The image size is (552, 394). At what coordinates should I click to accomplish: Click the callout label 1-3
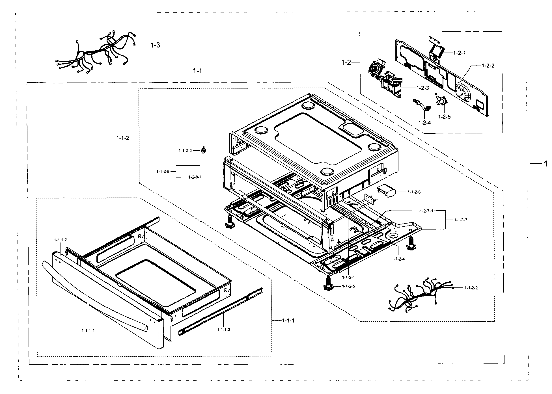(x=155, y=45)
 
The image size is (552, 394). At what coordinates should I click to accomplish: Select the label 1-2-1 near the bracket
(x=459, y=53)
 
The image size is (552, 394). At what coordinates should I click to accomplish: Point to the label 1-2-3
(x=422, y=88)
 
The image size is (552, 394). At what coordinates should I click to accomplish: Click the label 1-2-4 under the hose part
(x=425, y=122)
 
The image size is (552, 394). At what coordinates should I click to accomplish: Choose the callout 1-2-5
(x=444, y=116)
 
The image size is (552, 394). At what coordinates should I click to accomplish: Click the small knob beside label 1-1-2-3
(x=203, y=151)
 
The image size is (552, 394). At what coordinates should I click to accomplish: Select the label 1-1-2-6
(x=414, y=192)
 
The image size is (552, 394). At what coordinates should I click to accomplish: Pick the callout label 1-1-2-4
(x=398, y=259)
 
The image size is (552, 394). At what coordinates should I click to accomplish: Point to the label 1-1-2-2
(x=471, y=288)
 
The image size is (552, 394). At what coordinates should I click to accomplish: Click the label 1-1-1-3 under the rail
(x=224, y=330)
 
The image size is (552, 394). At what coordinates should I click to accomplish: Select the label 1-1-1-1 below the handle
(x=88, y=330)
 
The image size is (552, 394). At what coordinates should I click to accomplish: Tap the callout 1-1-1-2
(x=61, y=240)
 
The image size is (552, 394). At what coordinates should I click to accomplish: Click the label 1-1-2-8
(x=163, y=171)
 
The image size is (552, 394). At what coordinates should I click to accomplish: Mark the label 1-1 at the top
(x=197, y=71)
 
